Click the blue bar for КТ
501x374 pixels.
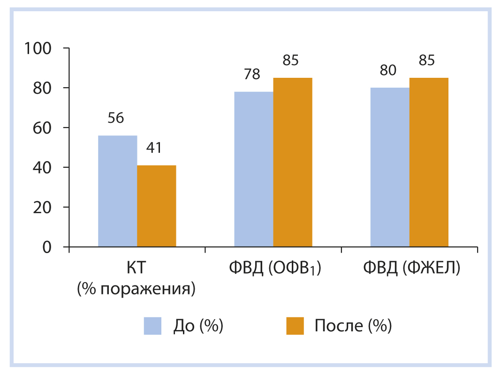pos(117,191)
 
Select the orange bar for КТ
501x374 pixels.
pos(156,206)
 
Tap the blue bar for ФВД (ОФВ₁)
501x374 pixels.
pos(254,169)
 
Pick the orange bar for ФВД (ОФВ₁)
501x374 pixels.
pos(293,162)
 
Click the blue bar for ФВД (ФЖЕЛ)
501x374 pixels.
pos(390,167)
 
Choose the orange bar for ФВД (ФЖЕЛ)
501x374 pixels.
pos(429,162)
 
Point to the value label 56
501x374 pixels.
pos(116,118)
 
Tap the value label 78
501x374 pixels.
pos(252,75)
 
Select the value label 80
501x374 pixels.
pos(388,70)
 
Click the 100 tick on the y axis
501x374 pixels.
pos(40,48)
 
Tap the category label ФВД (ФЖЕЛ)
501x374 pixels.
pos(411,269)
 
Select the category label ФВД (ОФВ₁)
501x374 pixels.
pos(274,269)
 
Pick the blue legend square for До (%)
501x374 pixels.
pos(152,326)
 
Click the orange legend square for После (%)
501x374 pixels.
pos(295,326)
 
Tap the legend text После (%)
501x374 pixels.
pos(353,326)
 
